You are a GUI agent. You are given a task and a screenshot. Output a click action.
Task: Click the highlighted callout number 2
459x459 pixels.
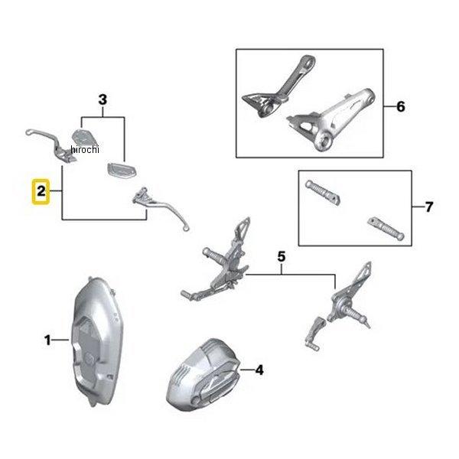(x=41, y=191)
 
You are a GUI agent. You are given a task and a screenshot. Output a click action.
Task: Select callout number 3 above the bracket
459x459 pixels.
(x=103, y=99)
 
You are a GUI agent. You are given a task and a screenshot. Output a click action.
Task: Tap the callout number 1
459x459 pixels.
(x=47, y=340)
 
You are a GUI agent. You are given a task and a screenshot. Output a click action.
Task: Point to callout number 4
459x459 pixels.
(x=259, y=370)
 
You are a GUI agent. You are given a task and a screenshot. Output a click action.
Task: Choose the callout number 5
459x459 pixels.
(x=281, y=257)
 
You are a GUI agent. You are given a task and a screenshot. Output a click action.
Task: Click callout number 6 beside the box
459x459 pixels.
(x=400, y=106)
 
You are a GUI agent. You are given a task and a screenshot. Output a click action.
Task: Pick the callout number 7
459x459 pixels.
(x=429, y=207)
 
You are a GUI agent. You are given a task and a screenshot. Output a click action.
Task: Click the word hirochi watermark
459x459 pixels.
(x=85, y=150)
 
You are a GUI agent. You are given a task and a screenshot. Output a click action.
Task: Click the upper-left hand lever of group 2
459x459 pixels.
(x=53, y=144)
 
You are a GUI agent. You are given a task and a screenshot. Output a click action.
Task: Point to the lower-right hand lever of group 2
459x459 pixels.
(x=161, y=208)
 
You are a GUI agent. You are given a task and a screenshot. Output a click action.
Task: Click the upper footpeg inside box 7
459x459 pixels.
(x=322, y=192)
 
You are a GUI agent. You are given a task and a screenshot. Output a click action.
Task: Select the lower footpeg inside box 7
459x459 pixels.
(x=386, y=228)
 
